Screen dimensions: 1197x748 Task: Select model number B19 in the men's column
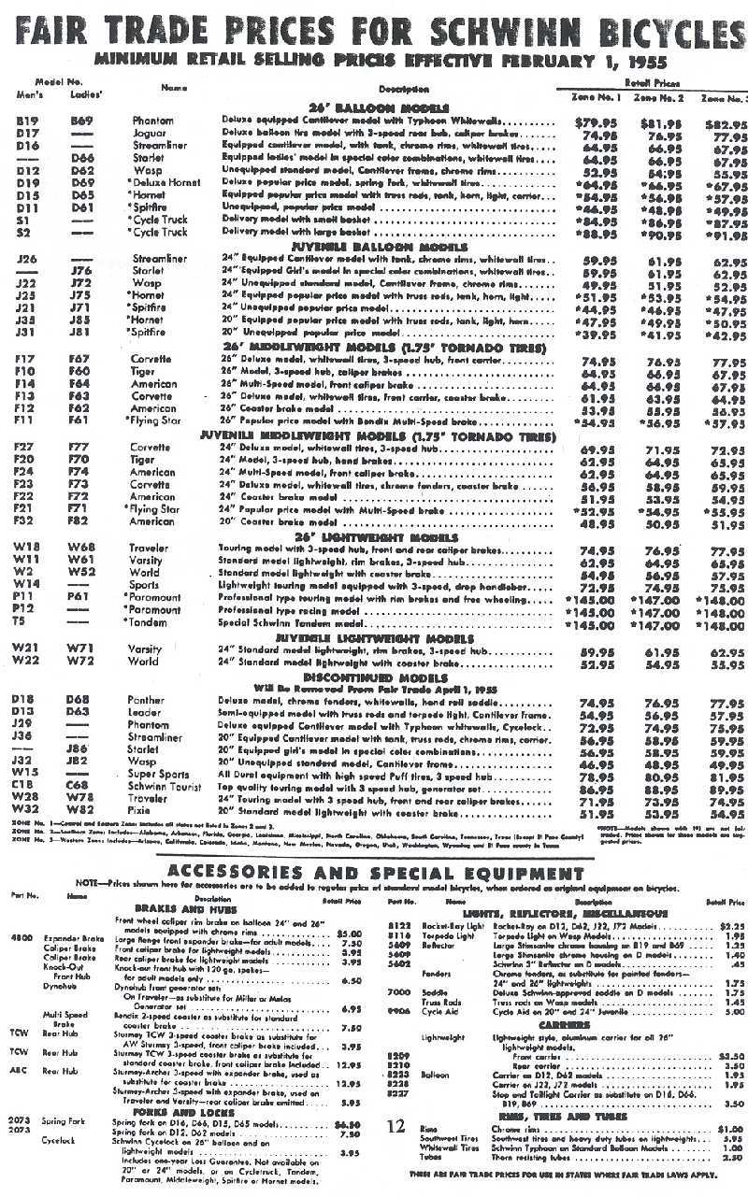pos(27,121)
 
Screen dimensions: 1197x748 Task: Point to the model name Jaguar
pos(153,134)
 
